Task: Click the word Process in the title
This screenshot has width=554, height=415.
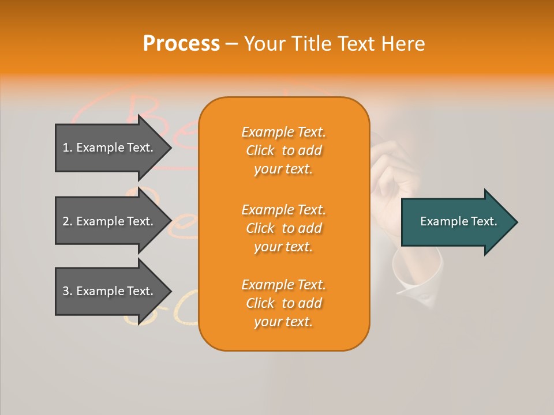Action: pyautogui.click(x=181, y=44)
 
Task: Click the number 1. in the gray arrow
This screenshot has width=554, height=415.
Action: pyautogui.click(x=68, y=148)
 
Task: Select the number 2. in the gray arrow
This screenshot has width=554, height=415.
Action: pyautogui.click(x=68, y=221)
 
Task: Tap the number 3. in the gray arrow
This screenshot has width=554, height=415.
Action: pyautogui.click(x=68, y=291)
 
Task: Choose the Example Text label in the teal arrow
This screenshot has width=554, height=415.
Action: pyautogui.click(x=458, y=221)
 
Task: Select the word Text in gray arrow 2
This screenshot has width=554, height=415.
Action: pyautogui.click(x=139, y=221)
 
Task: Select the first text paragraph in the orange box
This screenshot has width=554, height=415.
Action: pyautogui.click(x=283, y=150)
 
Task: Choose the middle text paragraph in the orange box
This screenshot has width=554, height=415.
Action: pyautogui.click(x=283, y=228)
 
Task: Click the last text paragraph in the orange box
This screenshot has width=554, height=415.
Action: pyautogui.click(x=283, y=303)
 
